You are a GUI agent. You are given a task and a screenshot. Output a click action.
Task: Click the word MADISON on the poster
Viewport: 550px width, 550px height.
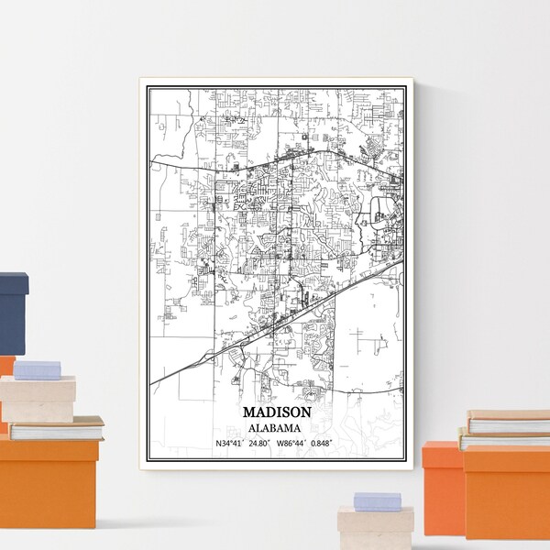277,413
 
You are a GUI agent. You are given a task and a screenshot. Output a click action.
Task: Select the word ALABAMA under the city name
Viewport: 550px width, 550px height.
277,427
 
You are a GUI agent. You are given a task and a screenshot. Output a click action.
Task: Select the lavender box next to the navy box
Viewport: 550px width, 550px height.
38,369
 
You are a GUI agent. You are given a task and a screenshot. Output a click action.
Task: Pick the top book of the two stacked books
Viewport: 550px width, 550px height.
509,422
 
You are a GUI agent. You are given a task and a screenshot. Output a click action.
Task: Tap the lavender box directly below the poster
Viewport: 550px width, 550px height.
377,501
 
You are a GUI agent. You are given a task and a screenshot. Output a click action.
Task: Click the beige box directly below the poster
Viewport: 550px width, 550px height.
375,530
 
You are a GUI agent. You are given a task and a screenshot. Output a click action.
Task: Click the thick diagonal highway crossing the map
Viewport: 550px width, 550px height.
275,316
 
